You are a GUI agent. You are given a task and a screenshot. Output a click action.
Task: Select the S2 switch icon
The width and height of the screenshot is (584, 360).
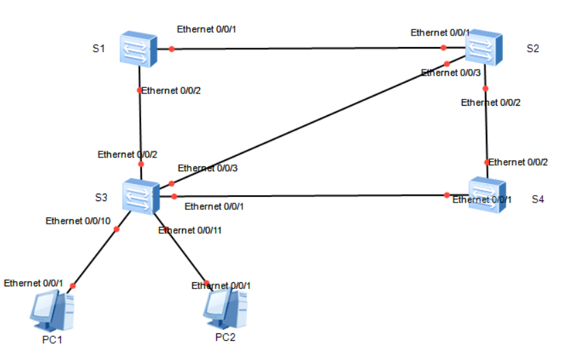pyautogui.click(x=485, y=48)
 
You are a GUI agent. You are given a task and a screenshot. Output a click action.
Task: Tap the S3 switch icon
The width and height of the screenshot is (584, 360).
pyautogui.click(x=141, y=197)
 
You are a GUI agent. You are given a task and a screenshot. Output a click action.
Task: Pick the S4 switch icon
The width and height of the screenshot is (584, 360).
pyautogui.click(x=488, y=194)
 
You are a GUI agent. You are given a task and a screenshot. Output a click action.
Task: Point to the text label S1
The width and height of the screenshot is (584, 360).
pyautogui.click(x=99, y=49)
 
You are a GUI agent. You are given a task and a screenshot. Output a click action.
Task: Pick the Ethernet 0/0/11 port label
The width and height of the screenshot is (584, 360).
pyautogui.click(x=190, y=230)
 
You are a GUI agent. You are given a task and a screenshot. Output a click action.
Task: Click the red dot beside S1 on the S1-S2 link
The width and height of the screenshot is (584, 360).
pyautogui.click(x=172, y=49)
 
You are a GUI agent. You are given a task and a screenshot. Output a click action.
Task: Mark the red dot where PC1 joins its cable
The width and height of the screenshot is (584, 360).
pyautogui.click(x=73, y=286)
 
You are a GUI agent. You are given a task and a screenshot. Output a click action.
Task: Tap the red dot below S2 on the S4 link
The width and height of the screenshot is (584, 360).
pyautogui.click(x=485, y=89)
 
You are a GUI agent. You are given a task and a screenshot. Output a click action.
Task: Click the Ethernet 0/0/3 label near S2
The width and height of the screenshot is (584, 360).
pyautogui.click(x=451, y=73)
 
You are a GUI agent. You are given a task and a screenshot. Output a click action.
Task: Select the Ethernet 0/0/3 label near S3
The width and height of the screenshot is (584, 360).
pyautogui.click(x=207, y=168)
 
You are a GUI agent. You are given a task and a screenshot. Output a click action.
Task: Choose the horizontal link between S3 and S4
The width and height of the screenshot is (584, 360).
pyautogui.click(x=307, y=196)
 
